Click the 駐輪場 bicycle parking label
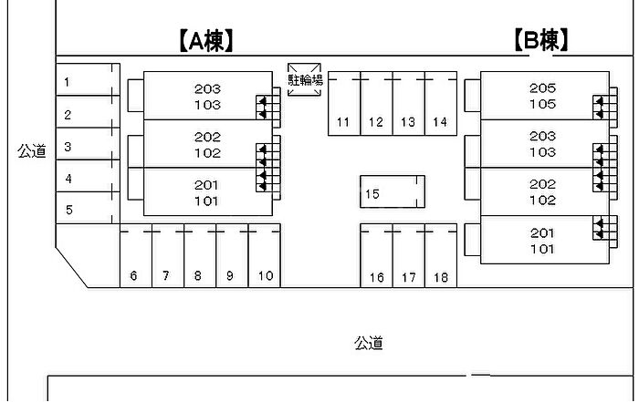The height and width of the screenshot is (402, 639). click(305, 81)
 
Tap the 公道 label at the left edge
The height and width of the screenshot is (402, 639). click(31, 151)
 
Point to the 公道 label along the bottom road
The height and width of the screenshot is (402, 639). click(368, 344)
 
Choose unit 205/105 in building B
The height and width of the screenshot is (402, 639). click(542, 96)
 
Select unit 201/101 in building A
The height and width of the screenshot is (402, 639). click(206, 192)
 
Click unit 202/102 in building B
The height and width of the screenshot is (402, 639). click(542, 191)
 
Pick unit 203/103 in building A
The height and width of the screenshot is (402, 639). click(207, 96)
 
